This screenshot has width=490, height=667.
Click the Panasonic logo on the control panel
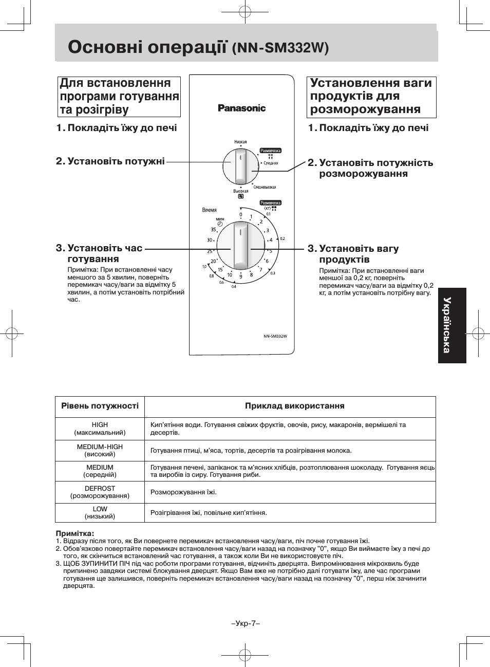click(x=241, y=108)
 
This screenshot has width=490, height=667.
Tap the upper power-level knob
click(x=240, y=166)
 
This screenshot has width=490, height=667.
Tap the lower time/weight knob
click(x=240, y=246)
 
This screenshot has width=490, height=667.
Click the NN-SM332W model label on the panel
click(x=275, y=336)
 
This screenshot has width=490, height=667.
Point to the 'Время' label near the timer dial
click(x=209, y=210)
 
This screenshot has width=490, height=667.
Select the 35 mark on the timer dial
click(x=213, y=230)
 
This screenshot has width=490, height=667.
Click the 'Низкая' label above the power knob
click(x=240, y=142)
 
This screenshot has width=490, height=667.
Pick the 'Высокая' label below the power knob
click(x=240, y=191)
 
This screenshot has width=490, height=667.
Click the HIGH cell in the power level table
click(x=100, y=429)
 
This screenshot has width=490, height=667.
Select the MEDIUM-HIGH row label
click(x=100, y=450)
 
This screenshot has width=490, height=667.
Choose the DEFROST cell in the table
click(x=100, y=492)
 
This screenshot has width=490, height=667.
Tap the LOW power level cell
click(x=100, y=512)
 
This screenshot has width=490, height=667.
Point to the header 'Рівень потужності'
click(x=100, y=406)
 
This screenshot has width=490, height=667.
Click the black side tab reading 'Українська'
click(x=452, y=325)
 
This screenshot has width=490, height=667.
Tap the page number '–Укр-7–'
click(x=245, y=623)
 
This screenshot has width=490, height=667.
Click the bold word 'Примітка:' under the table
click(x=75, y=533)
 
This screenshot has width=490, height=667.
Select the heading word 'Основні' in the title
click(x=105, y=47)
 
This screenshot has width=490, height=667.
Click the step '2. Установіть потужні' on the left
click(x=110, y=161)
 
